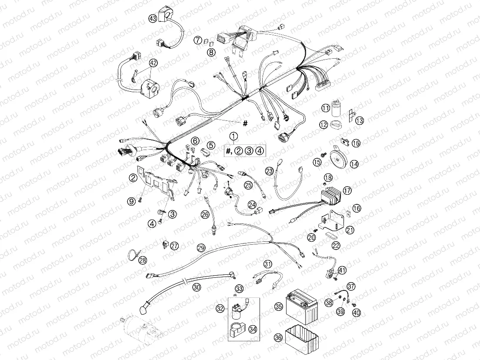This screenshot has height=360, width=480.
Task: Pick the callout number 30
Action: (197, 287)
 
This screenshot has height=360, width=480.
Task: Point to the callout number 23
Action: (270, 171)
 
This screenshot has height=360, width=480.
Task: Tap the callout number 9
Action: (130, 201)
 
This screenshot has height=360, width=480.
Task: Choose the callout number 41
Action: (342, 270)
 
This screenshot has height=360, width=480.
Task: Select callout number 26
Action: (205, 214)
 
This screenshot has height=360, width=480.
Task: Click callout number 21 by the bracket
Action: (350, 230)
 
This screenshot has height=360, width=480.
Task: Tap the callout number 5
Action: (211, 145)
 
